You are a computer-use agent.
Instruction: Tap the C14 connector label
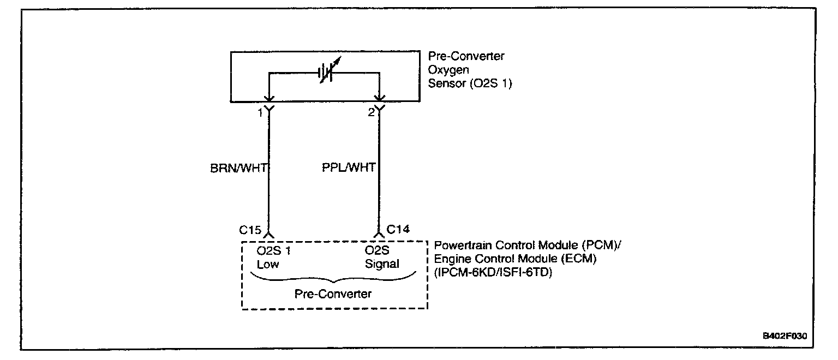398,229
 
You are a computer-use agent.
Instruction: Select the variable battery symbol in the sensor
326,72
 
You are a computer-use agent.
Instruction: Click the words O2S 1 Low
273,257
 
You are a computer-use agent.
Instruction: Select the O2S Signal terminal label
382,257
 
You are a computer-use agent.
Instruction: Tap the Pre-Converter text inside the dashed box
333,294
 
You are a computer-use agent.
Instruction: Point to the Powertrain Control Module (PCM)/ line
528,246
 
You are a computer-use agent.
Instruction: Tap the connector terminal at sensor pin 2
379,108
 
